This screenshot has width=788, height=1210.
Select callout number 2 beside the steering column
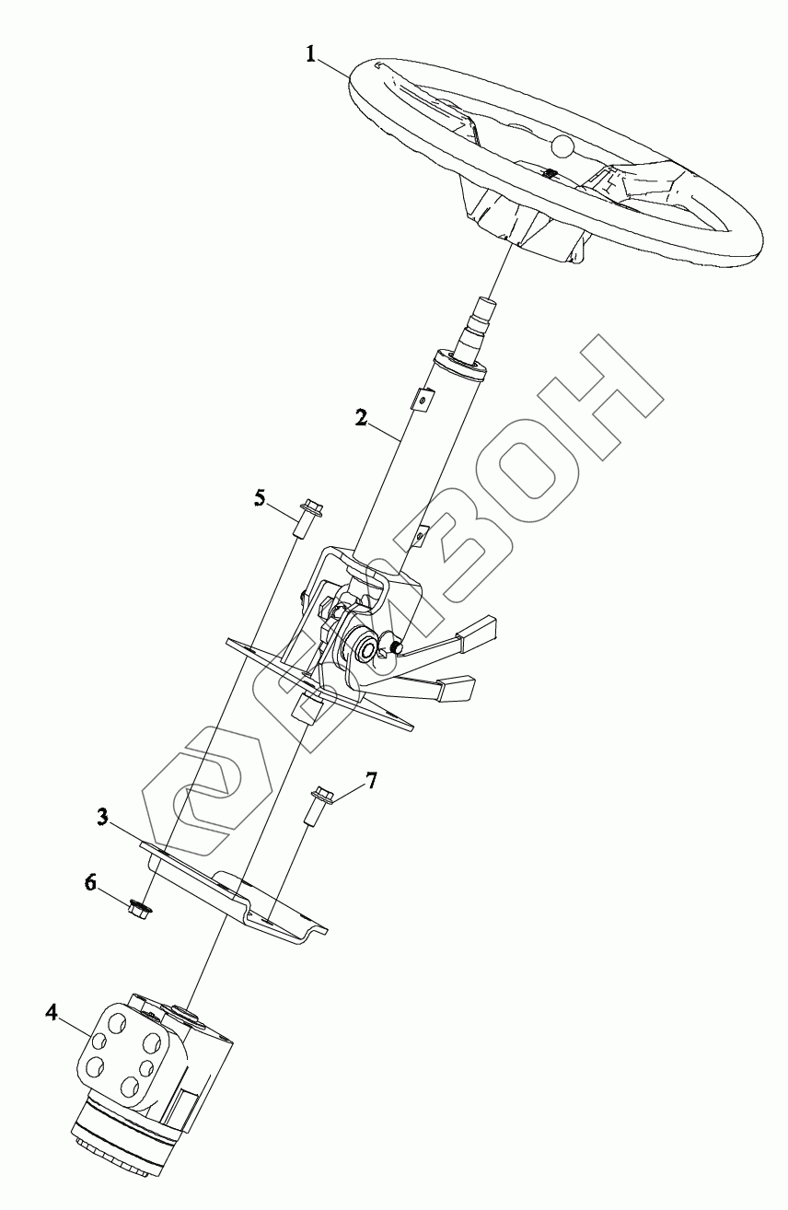[362, 417]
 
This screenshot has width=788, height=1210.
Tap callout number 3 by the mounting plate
[104, 816]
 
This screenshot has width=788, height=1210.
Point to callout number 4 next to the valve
[52, 1014]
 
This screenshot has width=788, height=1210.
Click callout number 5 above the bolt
[261, 498]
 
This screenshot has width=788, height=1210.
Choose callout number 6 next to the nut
[90, 882]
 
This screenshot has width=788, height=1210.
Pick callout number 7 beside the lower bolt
[370, 782]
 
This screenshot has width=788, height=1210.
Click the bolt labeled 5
[307, 519]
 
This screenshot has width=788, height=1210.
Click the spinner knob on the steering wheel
[562, 145]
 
